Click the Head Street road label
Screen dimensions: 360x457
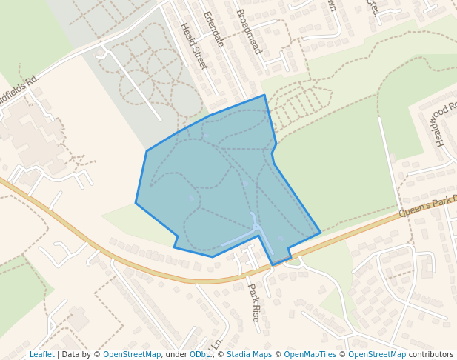tap(193, 47)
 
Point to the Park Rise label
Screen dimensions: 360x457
tap(253, 301)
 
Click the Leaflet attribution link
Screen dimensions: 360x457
tap(41, 354)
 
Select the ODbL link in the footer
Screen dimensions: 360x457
tap(199, 354)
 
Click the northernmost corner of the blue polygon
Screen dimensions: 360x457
tap(264, 96)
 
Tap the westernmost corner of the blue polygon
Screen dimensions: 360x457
tap(136, 202)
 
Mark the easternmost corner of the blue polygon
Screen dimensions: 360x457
tap(320, 233)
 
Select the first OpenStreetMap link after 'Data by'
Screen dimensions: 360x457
tap(132, 354)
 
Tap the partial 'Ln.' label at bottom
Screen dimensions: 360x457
tap(217, 344)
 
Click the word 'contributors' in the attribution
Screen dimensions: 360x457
tap(431, 354)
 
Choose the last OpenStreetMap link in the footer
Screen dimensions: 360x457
tap(377, 354)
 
